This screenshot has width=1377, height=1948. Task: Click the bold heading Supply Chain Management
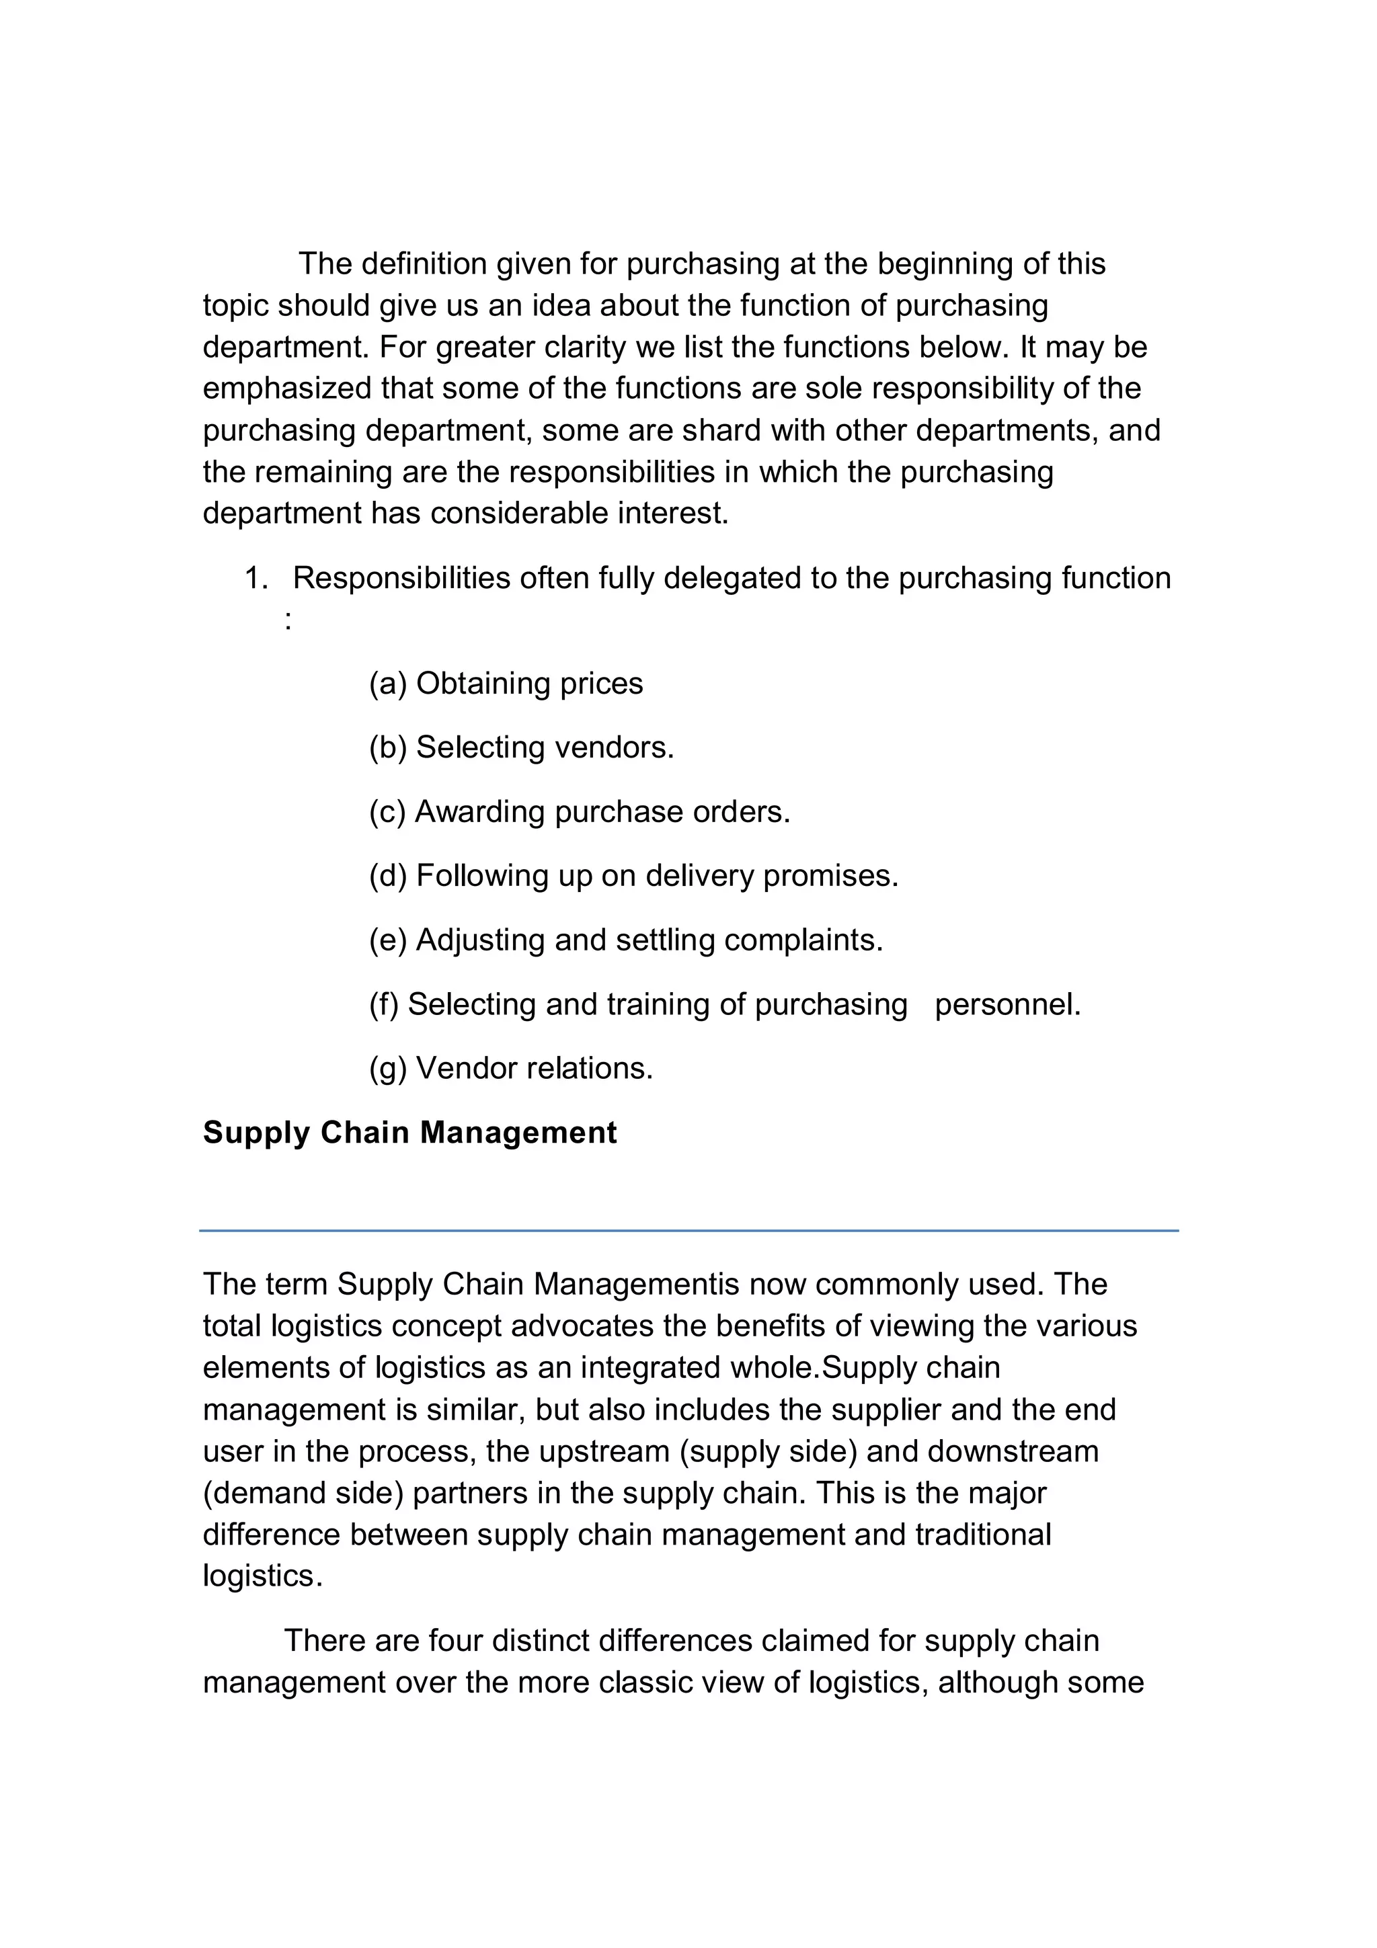pos(409,1133)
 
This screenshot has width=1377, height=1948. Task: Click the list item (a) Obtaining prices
pos(506,683)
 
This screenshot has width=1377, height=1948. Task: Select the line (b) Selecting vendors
pos(521,747)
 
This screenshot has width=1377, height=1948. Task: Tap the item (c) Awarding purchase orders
pos(580,811)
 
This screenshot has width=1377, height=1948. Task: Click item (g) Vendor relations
pos(511,1067)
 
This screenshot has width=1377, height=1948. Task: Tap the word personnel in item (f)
pos(1007,1004)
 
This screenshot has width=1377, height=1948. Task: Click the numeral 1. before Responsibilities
pos(255,578)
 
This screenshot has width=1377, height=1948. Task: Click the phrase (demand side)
pos(303,1492)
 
